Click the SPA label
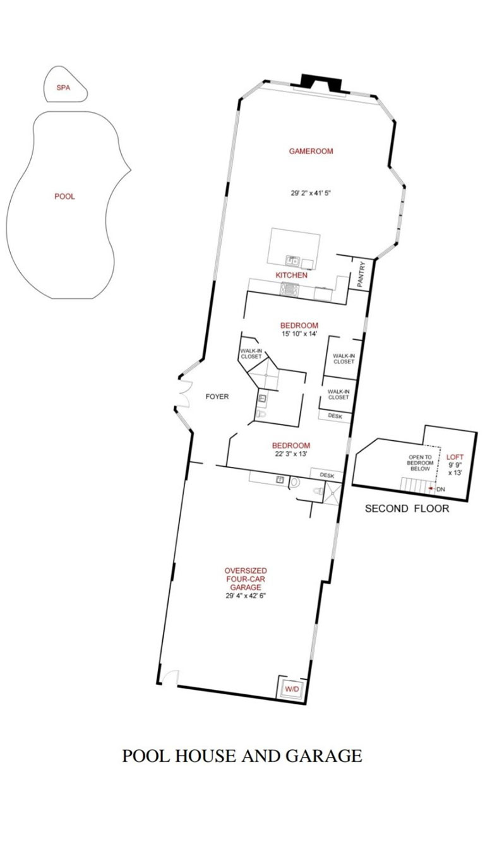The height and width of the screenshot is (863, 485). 64,88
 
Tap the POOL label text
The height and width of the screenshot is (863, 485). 64,196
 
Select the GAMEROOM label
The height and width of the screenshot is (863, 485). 311,151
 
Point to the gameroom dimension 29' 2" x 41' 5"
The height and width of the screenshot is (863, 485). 311,193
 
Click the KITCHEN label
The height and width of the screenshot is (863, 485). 292,275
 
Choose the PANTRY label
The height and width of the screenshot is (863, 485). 361,274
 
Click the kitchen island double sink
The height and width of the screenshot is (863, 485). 293,261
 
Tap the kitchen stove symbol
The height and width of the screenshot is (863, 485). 290,289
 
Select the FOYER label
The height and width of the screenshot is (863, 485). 217,397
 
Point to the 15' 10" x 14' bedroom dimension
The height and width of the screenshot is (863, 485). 299,334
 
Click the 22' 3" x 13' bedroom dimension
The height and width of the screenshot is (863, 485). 291,454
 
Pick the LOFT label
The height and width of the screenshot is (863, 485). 455,457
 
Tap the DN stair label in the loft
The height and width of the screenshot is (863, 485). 441,489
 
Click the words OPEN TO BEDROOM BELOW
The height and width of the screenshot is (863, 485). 421,462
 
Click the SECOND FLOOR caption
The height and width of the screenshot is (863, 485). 407,508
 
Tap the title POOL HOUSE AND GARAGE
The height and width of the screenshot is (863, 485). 242,756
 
